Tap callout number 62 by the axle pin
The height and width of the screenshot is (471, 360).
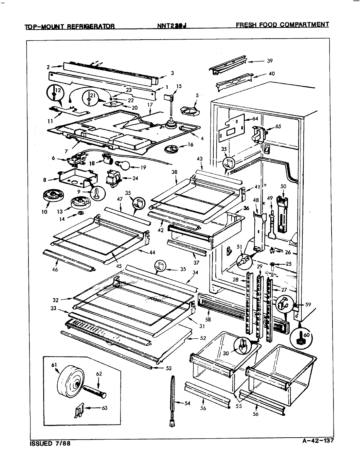tap(99, 373)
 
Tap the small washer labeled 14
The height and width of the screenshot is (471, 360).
tap(80, 214)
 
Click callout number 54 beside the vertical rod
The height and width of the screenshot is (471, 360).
tap(187, 403)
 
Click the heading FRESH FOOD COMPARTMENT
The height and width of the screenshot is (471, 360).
tap(282, 25)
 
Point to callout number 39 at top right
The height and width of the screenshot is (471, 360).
tap(270, 61)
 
